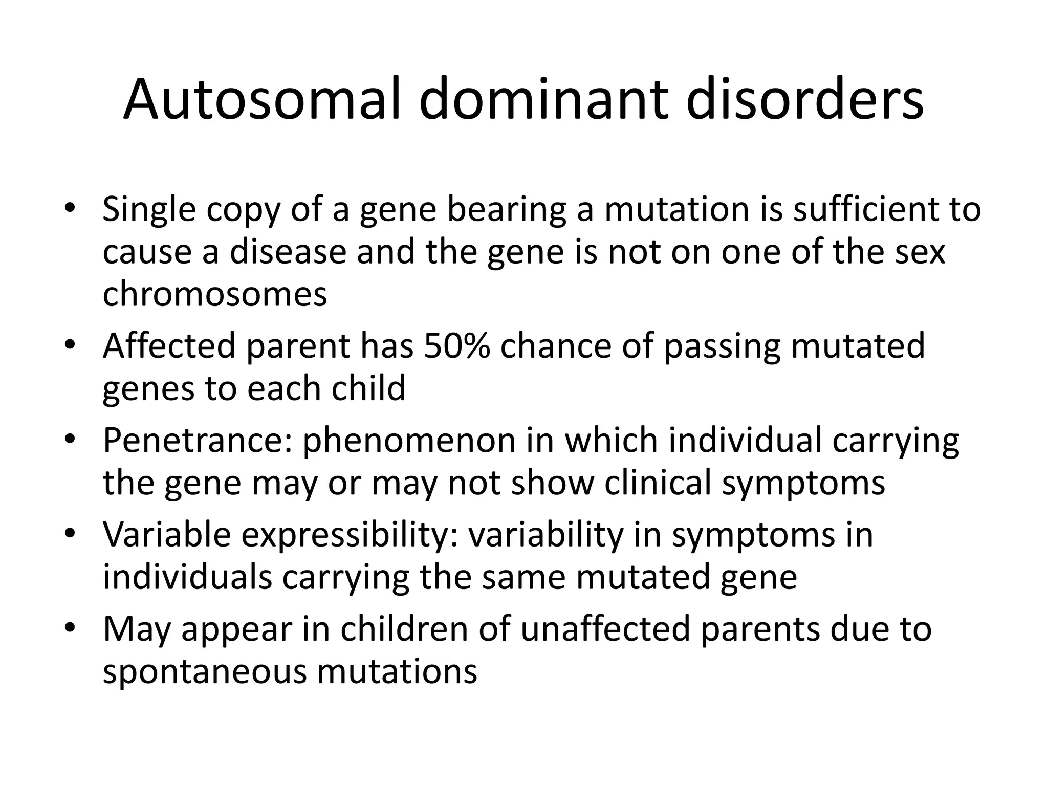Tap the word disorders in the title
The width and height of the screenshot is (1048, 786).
[x=804, y=99]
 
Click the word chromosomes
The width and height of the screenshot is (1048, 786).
[x=214, y=295]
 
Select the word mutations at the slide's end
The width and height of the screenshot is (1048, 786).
[x=397, y=672]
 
